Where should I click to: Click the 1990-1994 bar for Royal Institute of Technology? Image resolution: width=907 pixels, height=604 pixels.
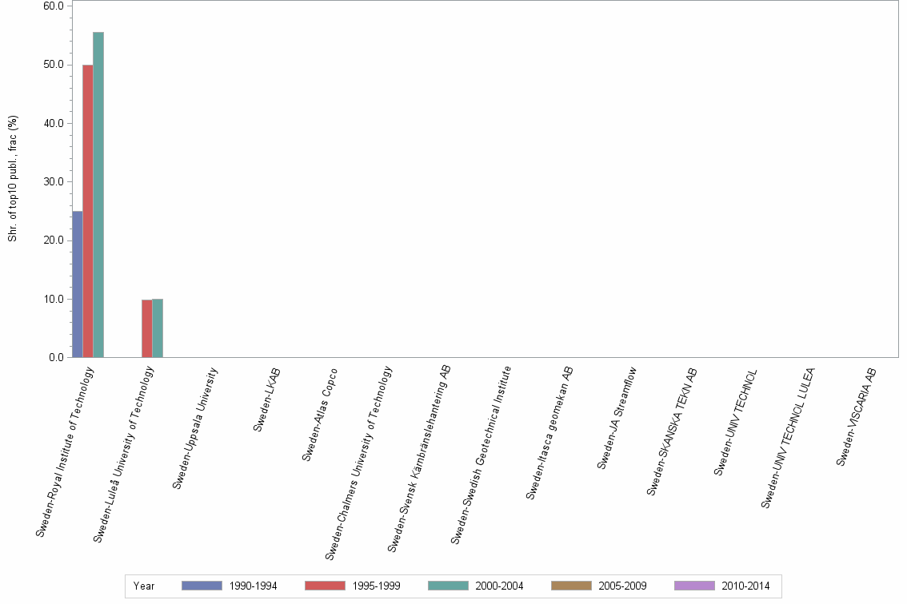pyautogui.click(x=78, y=284)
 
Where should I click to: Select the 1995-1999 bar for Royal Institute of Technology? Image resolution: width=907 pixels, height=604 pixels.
pyautogui.click(x=88, y=211)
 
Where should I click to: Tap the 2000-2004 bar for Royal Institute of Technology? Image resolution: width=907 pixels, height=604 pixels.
pyautogui.click(x=98, y=195)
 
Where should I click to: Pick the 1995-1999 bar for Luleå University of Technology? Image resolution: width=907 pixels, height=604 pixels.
pyautogui.click(x=147, y=328)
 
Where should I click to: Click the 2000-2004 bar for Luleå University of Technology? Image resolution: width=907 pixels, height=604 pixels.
pyautogui.click(x=158, y=328)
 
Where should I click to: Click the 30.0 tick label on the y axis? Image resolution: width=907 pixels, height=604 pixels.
pyautogui.click(x=54, y=182)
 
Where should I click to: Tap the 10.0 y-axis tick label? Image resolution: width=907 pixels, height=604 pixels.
pyautogui.click(x=54, y=300)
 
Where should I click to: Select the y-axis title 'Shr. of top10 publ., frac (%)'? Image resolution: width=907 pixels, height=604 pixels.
pyautogui.click(x=13, y=179)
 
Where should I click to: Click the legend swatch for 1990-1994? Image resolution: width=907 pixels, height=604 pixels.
pyautogui.click(x=202, y=586)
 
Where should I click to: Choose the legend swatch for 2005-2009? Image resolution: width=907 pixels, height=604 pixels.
pyautogui.click(x=571, y=586)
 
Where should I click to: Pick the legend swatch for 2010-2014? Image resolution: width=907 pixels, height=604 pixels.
pyautogui.click(x=694, y=586)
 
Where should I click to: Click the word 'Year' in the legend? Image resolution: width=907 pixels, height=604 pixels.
pyautogui.click(x=145, y=586)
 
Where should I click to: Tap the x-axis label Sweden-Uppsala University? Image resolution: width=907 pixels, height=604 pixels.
pyautogui.click(x=195, y=427)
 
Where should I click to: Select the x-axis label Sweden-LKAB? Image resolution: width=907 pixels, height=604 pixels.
pyautogui.click(x=267, y=399)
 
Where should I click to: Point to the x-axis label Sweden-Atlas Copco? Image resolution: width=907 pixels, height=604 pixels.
pyautogui.click(x=320, y=414)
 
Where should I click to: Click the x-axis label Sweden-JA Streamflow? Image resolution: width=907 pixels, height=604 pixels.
pyautogui.click(x=617, y=417)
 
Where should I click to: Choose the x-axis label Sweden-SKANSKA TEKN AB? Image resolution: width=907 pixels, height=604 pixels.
pyautogui.click(x=673, y=431)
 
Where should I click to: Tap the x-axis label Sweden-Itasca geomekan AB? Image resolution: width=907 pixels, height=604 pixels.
pyautogui.click(x=550, y=433)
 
